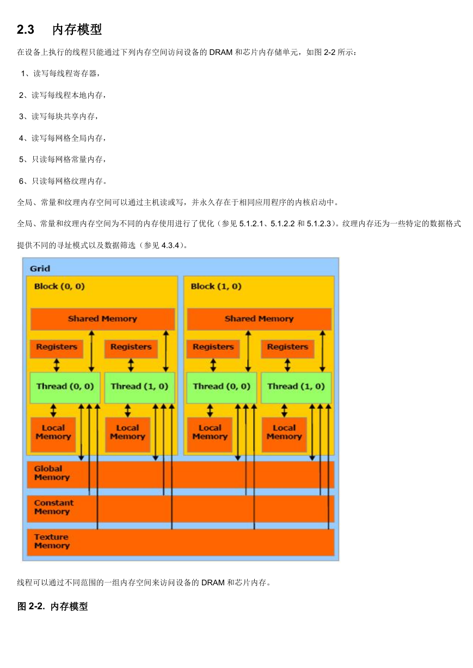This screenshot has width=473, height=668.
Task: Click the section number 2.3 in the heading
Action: [26, 29]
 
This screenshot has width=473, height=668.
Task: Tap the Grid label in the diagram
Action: [40, 268]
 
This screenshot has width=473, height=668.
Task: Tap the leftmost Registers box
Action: [57, 349]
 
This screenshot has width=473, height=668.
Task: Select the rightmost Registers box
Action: [287, 349]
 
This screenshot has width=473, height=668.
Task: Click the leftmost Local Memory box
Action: [53, 435]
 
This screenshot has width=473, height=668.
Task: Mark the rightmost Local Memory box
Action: [284, 435]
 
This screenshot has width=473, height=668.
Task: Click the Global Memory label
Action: [52, 473]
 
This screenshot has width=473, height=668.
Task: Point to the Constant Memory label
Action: [54, 507]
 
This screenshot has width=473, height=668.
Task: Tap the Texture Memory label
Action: [52, 541]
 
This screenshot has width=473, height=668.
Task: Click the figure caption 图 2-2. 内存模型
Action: [52, 606]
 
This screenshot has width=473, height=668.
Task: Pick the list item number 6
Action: [21, 181]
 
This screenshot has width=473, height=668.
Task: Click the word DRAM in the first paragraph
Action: [221, 52]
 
